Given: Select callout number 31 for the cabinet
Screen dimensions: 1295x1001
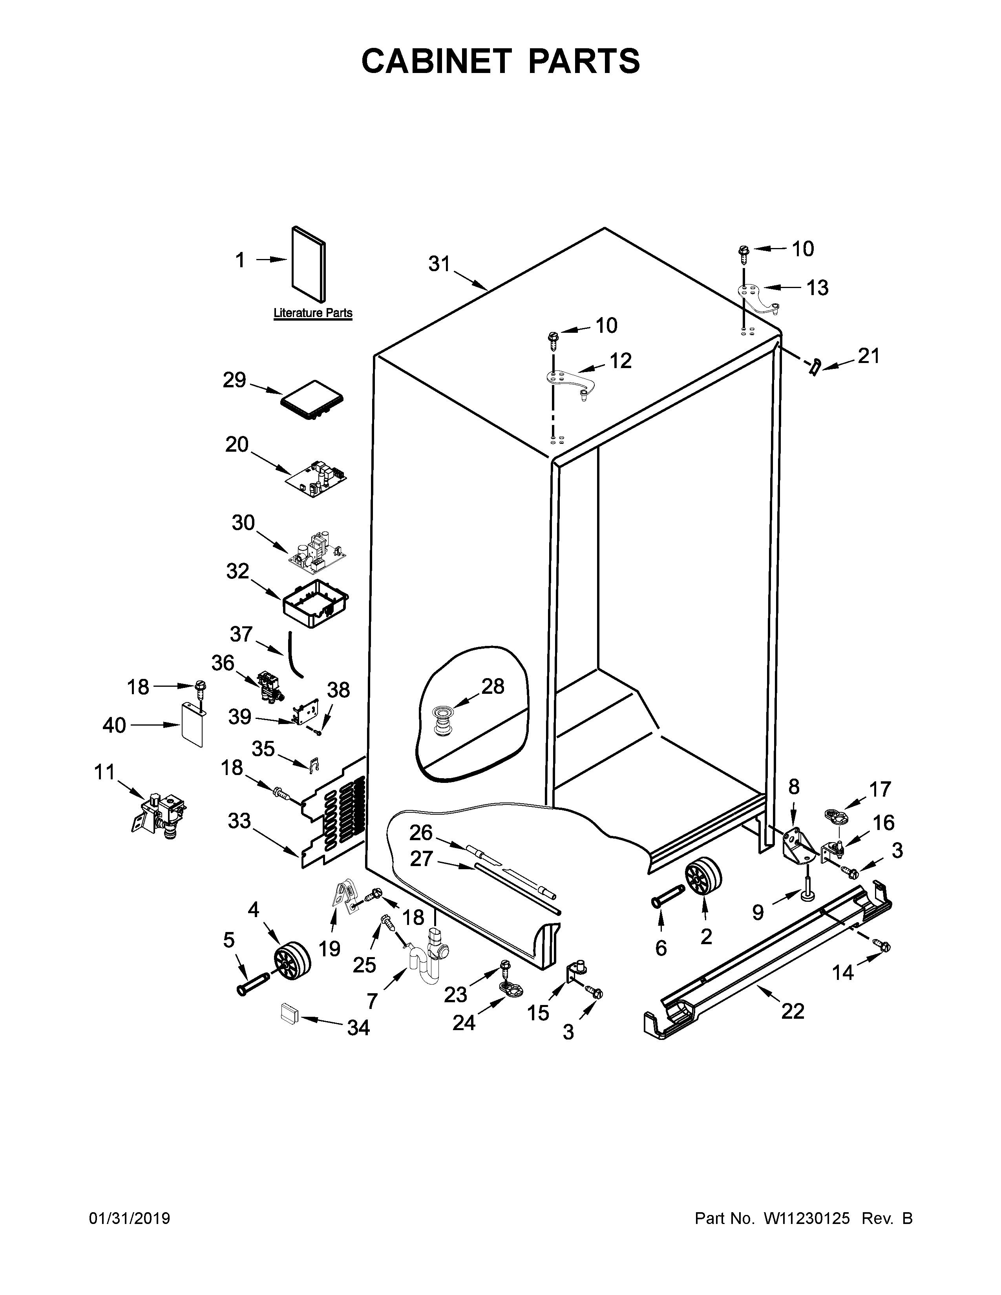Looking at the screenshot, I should click(439, 264).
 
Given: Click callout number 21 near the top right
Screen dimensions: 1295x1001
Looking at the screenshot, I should click(868, 356).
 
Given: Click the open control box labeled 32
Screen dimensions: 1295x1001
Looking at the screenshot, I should click(315, 603).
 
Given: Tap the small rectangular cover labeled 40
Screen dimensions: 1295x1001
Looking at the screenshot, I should click(193, 724).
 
